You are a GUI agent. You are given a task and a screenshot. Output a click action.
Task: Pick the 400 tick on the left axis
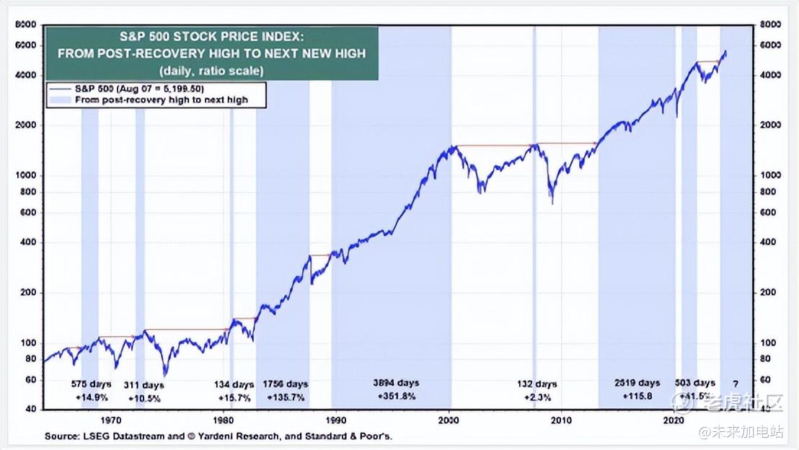pyautogui.click(x=28, y=242)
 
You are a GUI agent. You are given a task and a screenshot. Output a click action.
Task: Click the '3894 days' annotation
pyautogui.click(x=395, y=383)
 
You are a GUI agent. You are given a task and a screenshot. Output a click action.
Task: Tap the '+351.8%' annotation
pyautogui.click(x=395, y=396)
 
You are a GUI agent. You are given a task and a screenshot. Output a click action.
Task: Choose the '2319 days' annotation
pyautogui.click(x=637, y=383)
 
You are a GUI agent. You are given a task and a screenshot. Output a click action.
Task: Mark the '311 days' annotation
pyautogui.click(x=144, y=385)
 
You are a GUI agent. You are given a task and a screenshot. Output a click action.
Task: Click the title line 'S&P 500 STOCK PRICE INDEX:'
pyautogui.click(x=211, y=36)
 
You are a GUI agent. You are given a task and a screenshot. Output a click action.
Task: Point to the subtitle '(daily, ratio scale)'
pyautogui.click(x=211, y=71)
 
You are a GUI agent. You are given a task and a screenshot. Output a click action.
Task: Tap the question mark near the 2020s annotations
pyautogui.click(x=736, y=383)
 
